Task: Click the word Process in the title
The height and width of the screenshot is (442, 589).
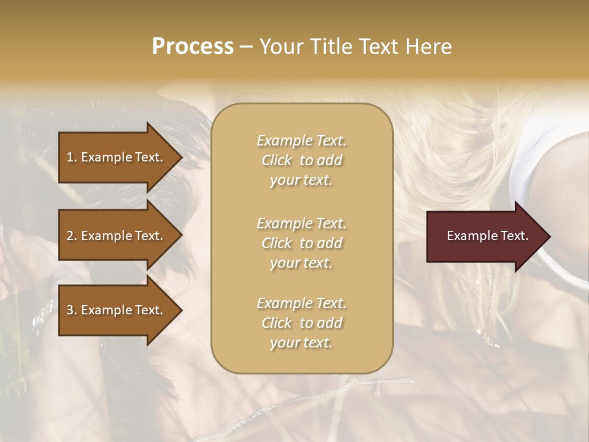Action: (193, 47)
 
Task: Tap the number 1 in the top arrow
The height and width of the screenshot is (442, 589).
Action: (70, 157)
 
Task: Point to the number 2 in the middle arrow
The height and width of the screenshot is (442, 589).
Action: (70, 236)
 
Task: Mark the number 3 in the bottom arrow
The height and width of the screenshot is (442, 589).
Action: (70, 310)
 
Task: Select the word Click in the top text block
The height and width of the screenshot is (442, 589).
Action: (277, 161)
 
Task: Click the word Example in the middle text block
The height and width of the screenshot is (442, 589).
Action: (284, 223)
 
